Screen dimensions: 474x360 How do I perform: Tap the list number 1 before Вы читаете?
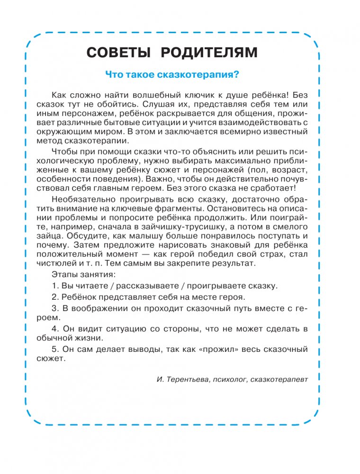click(x=54, y=286)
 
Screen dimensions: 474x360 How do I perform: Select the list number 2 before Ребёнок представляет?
click(x=54, y=297)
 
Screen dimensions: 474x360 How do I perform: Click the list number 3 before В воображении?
click(x=54, y=308)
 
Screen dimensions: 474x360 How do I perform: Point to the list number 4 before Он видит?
click(x=54, y=328)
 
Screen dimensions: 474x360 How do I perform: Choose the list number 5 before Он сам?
click(x=54, y=349)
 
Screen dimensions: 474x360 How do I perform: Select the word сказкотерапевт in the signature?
click(x=279, y=379)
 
